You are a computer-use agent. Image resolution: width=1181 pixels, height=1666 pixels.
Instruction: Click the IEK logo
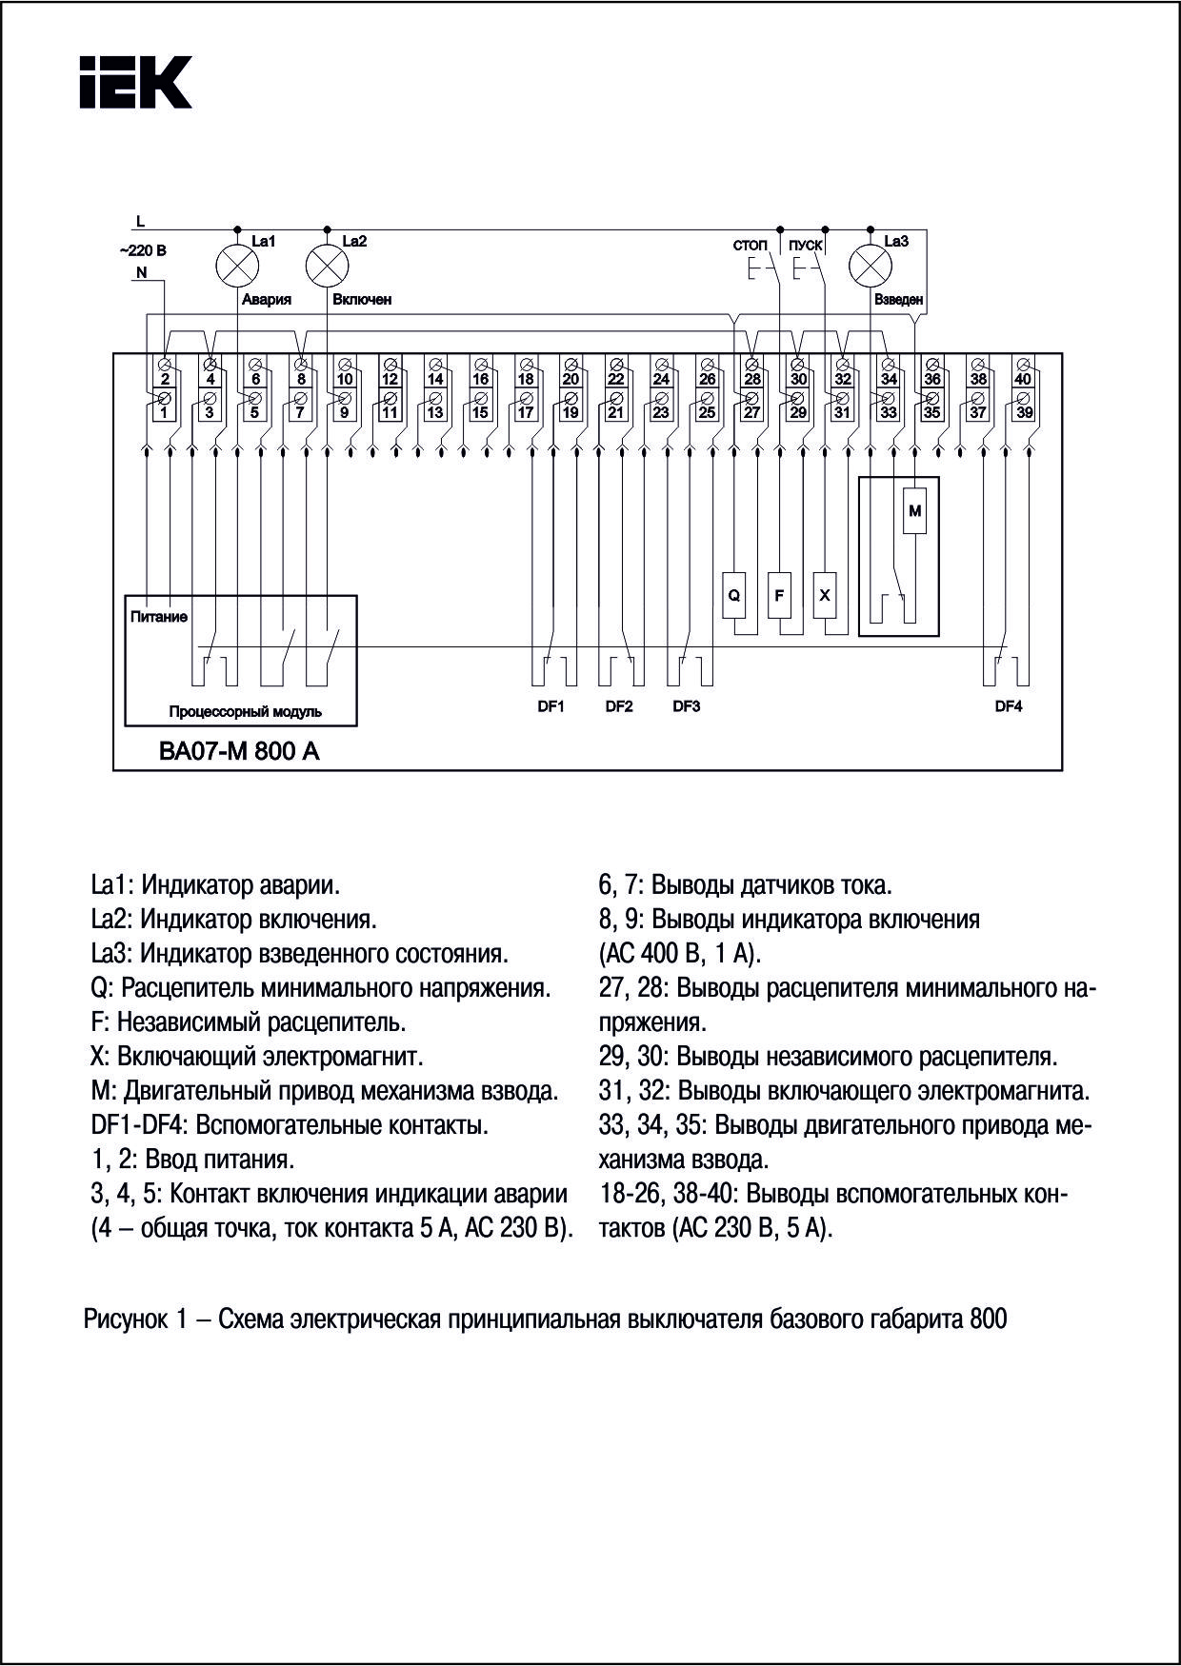134,82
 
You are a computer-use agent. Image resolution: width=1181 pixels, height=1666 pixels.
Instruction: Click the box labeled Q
733,595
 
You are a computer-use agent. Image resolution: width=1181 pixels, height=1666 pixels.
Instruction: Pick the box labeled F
779,595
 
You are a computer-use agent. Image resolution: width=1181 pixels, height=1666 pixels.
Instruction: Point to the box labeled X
825,595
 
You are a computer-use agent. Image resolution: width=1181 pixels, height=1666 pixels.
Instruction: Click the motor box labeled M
914,511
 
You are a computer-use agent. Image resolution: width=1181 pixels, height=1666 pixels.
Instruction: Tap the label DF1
551,706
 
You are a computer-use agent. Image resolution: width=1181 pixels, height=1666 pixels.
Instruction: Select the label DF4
1008,706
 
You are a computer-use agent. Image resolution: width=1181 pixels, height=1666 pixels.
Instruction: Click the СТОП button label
750,245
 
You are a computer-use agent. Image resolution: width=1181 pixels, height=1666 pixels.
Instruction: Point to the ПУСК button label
806,245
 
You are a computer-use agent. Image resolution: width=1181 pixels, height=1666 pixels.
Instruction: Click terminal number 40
1022,379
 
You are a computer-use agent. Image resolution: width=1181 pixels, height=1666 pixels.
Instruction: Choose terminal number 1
164,413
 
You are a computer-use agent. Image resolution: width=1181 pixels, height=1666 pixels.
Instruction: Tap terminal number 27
752,413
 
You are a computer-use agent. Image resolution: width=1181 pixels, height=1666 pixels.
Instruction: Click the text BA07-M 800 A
239,751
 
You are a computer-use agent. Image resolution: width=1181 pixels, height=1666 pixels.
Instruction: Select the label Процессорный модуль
245,711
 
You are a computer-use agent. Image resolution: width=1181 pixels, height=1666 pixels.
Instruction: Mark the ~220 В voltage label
143,251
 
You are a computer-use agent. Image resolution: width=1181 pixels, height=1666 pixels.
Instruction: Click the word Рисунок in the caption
124,1320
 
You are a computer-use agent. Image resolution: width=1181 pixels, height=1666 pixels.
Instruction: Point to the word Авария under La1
266,299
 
